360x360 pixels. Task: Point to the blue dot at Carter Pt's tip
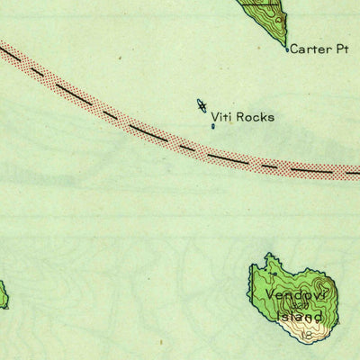[287, 49]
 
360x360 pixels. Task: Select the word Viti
[221, 117]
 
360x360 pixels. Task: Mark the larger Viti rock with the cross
[202, 106]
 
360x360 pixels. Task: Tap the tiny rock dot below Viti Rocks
[213, 127]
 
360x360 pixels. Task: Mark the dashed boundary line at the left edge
[11, 55]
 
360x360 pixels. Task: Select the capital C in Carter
[293, 50]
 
